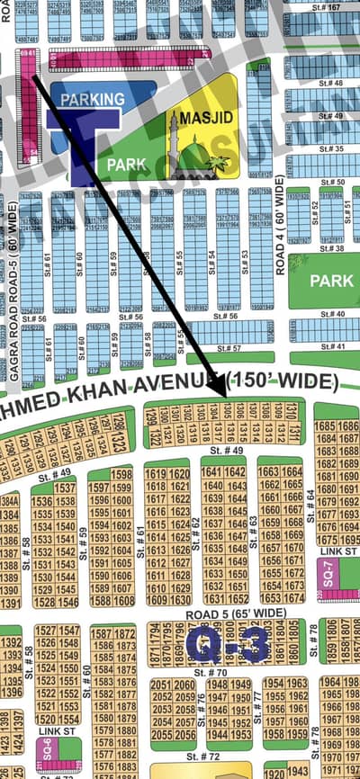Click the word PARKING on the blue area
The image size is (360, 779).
tap(87, 99)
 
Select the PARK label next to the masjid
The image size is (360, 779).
tap(126, 166)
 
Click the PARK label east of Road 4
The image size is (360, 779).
tap(331, 281)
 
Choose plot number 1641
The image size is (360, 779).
tap(211, 472)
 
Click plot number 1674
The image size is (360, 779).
tap(293, 598)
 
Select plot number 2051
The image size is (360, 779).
tap(162, 685)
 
